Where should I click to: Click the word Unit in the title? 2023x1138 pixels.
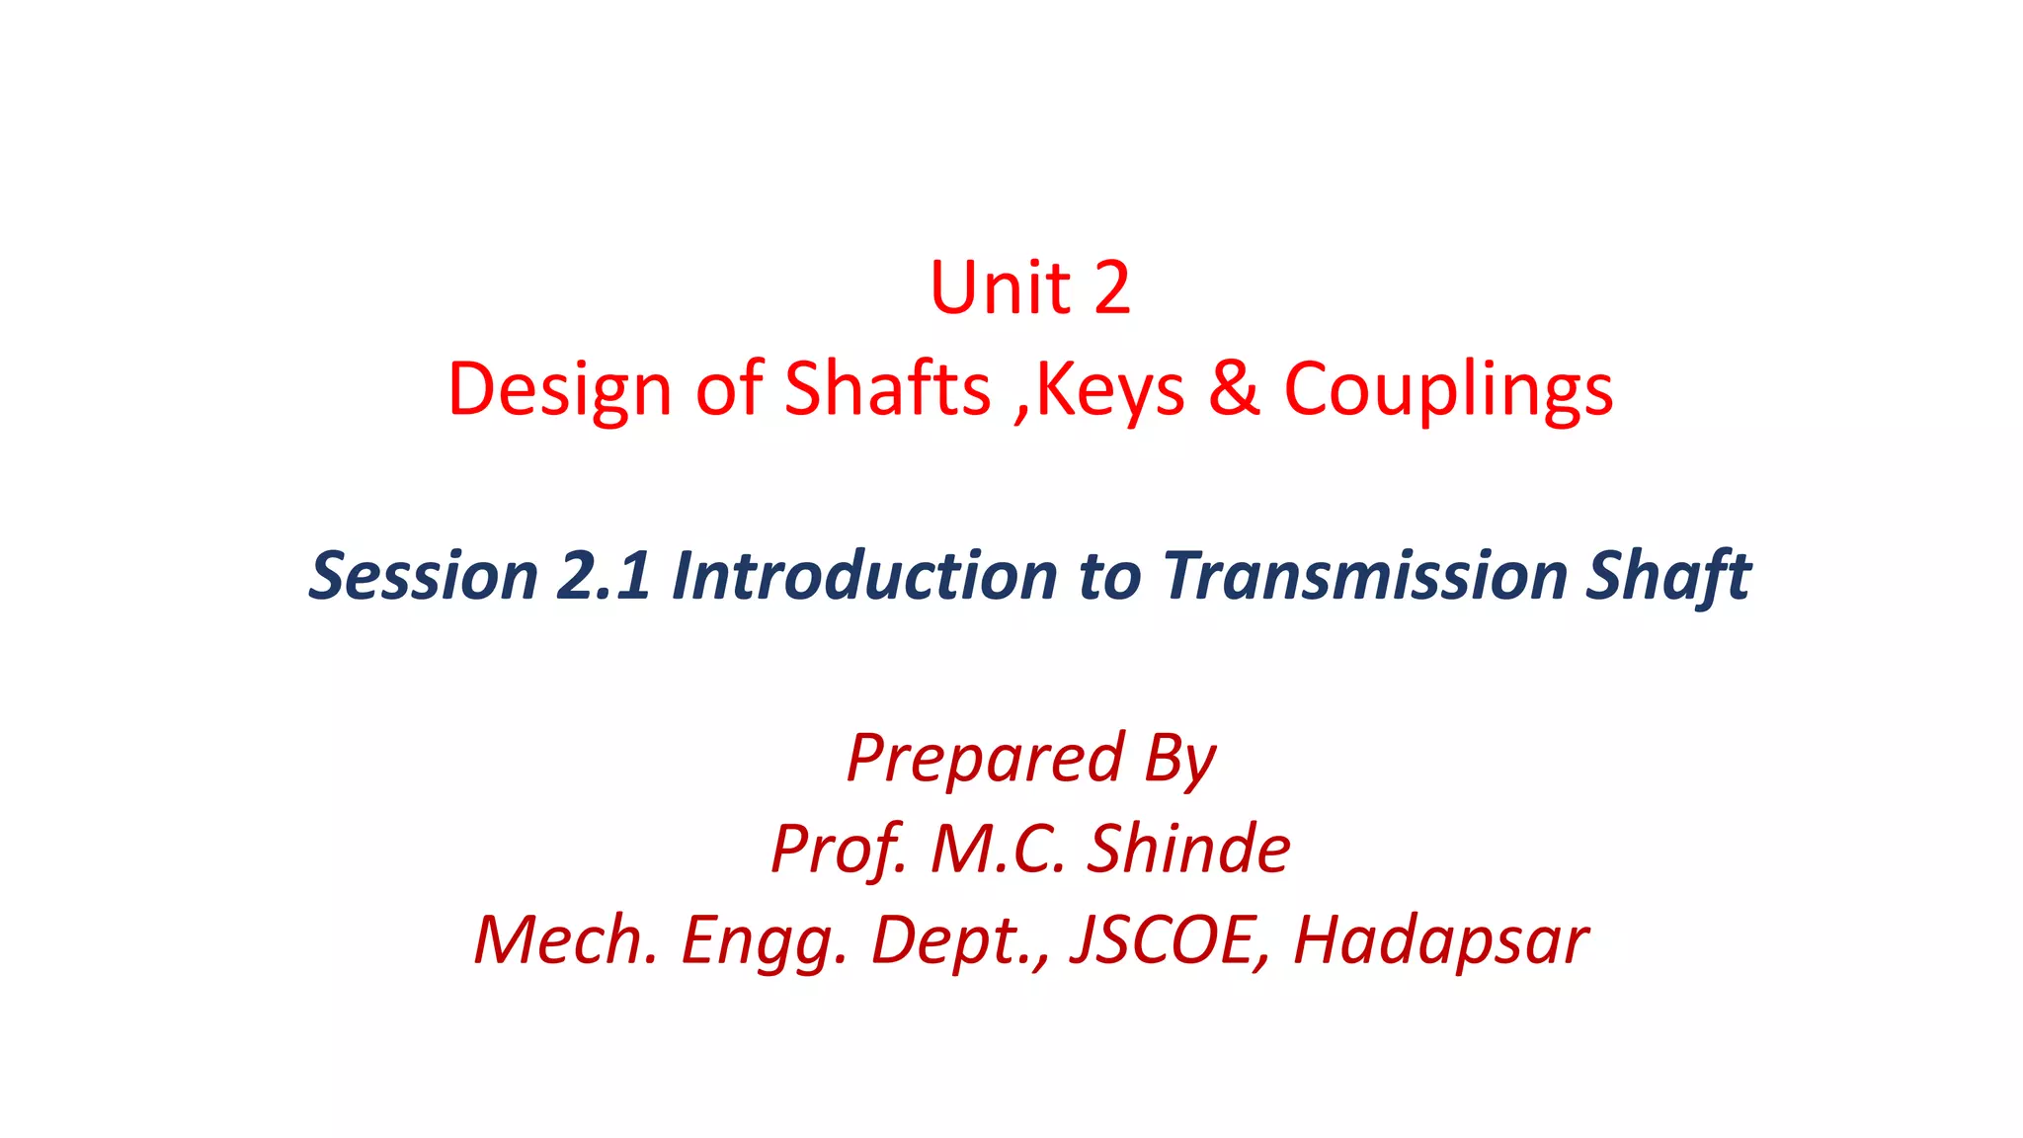1000,288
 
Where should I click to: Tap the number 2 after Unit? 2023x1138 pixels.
1111,288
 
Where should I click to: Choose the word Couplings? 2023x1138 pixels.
1448,390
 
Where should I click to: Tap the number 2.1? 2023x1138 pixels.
604,575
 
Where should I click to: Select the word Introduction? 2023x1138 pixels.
864,575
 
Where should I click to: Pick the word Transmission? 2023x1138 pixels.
1364,575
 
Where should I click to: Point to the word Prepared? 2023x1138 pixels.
985,759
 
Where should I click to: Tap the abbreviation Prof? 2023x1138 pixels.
838,850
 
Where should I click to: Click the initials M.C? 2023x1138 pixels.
998,849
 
